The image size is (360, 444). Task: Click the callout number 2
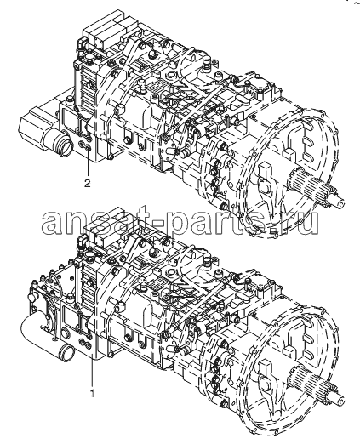(x=88, y=184)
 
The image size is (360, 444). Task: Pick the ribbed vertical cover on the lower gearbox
(x=87, y=283)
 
